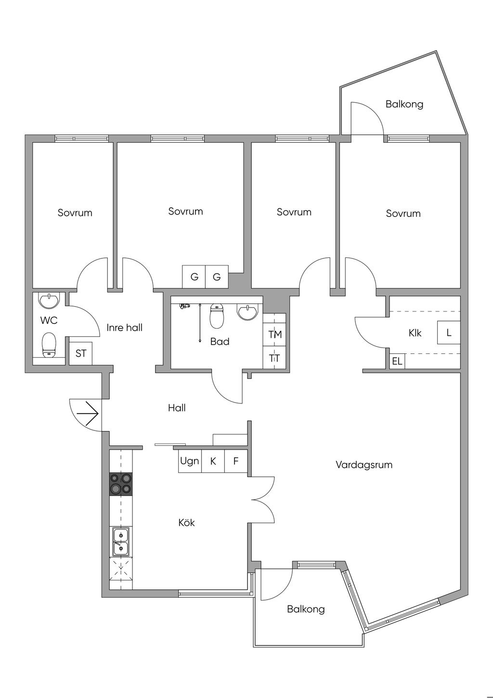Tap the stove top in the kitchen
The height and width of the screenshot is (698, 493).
coord(121,484)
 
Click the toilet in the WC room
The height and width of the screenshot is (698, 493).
coord(49,345)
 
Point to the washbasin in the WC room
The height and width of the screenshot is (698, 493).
coord(49,301)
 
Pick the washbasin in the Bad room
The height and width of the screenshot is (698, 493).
coord(247,312)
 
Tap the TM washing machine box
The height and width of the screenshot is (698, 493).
coord(274,334)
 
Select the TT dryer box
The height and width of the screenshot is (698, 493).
coord(274,358)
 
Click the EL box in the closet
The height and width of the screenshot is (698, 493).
coord(397,362)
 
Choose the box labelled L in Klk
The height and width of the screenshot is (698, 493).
coord(449,333)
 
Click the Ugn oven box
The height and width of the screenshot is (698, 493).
coord(190,461)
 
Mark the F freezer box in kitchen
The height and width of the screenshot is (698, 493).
coord(236,461)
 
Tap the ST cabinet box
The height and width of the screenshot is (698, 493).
coord(80,353)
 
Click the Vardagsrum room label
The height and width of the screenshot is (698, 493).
coord(364,465)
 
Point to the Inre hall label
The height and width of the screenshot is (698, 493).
coord(125,327)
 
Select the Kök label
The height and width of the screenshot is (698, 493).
coord(186,522)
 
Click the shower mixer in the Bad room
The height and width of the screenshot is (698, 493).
coord(185,306)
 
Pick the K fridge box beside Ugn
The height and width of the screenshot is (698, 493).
coord(213,461)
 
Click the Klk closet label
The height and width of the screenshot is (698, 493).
coord(415,333)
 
